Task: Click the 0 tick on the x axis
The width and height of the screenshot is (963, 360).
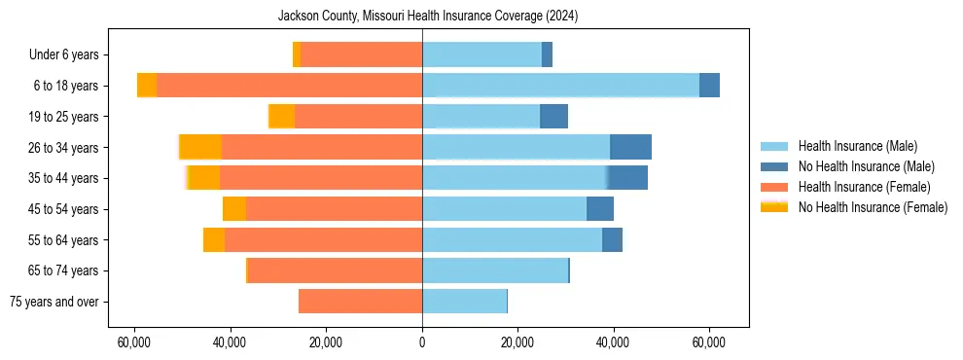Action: pos(422,342)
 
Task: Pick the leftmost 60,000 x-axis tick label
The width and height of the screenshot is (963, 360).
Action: pos(133,342)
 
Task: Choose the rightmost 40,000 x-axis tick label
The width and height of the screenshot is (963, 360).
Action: pos(613,342)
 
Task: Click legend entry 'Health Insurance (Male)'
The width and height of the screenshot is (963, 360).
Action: pos(857,146)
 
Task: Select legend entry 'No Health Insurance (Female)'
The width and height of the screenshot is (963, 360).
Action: pos(873,207)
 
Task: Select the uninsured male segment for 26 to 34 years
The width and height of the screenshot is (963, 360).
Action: pos(630,147)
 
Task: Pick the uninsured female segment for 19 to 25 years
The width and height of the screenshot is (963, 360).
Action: pos(282,117)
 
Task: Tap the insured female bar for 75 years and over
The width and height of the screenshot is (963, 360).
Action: pos(360,302)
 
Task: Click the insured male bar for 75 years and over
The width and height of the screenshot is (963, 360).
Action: pos(464,302)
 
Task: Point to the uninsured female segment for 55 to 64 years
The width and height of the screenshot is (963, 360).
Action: pos(214,239)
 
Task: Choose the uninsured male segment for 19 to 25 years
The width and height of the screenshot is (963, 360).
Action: pos(553,117)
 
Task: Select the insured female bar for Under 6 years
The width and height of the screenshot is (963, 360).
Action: pos(361,55)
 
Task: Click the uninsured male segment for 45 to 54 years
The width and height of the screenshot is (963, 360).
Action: pos(600,209)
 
